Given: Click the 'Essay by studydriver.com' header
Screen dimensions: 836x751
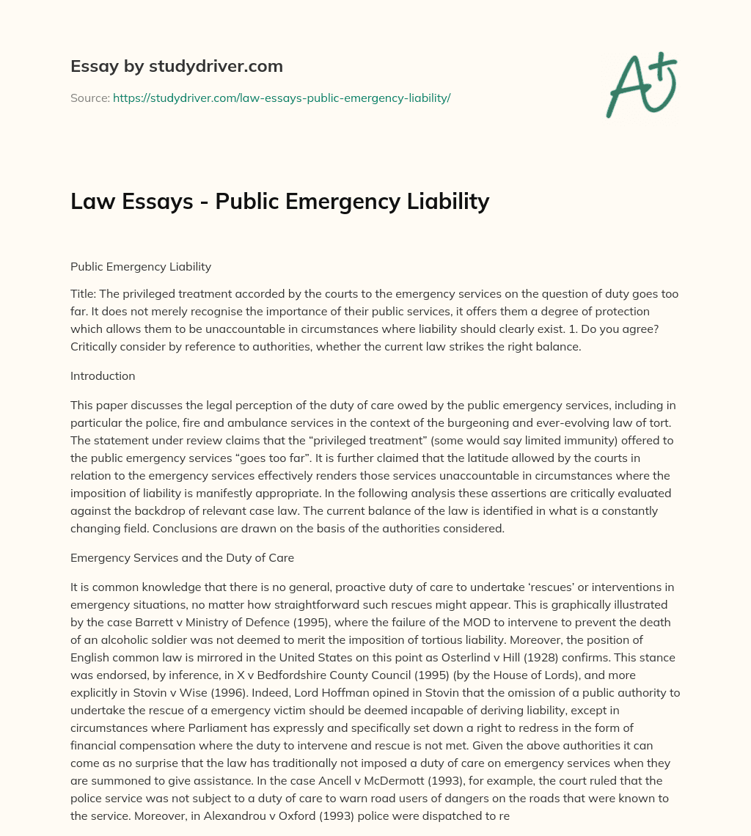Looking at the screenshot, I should [x=177, y=67].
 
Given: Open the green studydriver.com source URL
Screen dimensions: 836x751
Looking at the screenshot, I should [x=282, y=98].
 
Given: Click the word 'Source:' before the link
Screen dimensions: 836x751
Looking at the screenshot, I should [x=89, y=98].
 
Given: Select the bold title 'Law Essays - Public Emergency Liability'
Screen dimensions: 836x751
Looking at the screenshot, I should [x=279, y=201].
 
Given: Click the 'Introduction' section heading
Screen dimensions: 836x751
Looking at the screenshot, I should [x=103, y=375].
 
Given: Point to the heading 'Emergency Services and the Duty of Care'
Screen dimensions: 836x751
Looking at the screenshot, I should [x=182, y=557].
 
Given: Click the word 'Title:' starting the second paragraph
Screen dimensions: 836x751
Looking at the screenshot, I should [x=84, y=293].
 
